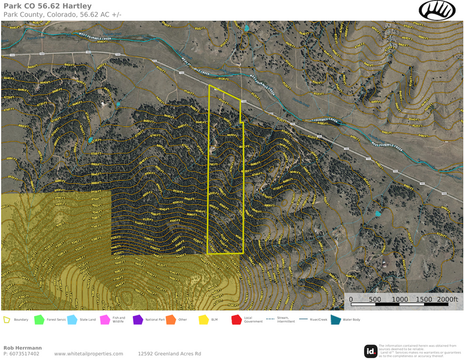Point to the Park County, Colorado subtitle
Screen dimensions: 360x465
click(65, 14)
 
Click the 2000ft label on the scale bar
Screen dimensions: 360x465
click(447, 300)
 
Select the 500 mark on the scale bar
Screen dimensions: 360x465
click(375, 300)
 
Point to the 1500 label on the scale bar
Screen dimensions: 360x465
click(424, 300)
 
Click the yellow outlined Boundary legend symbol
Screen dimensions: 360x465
click(7, 320)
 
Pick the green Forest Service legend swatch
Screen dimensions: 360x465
click(39, 320)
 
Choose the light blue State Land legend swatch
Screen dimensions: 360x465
click(72, 320)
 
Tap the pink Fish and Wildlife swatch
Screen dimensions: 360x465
click(105, 320)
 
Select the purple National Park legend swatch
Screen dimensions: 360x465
click(138, 320)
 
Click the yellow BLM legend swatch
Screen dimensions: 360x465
click(203, 320)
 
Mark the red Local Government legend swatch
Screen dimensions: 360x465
click(236, 320)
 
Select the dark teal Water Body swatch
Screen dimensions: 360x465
click(335, 320)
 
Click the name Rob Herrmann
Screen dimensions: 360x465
click(22, 348)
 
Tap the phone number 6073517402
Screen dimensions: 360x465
click(21, 354)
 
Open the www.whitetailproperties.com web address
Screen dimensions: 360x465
click(88, 354)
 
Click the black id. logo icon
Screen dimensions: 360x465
click(371, 351)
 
